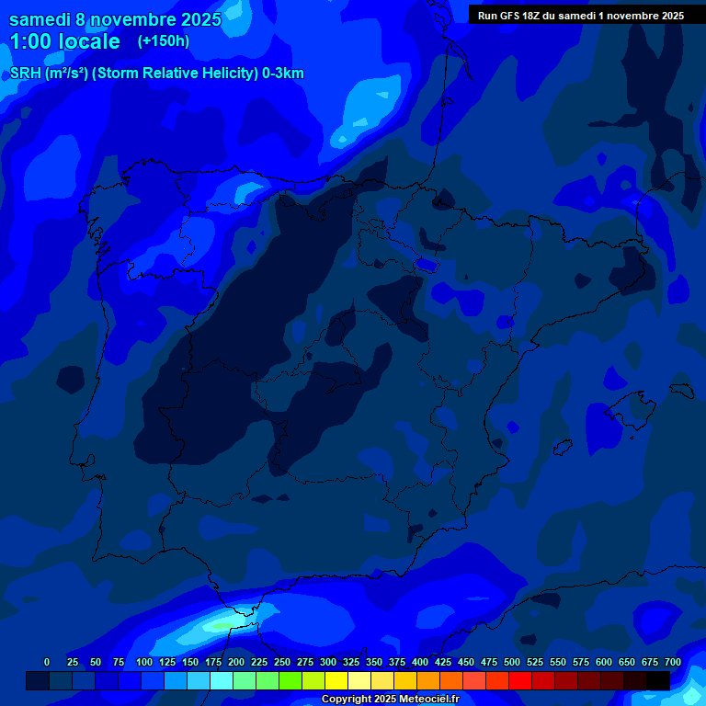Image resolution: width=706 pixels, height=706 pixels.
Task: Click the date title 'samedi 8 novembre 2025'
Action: click(115, 19)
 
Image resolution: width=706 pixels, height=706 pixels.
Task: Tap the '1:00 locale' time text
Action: click(64, 41)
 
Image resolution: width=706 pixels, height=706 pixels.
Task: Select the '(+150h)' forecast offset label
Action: click(164, 41)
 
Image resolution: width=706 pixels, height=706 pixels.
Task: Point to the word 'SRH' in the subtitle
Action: click(27, 74)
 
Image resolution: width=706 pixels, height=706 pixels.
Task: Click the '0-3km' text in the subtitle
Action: click(282, 74)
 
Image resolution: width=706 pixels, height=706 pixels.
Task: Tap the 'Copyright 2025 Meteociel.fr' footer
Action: click(389, 700)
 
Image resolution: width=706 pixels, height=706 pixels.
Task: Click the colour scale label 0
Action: click(47, 662)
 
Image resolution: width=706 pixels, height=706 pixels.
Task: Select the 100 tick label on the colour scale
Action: click(144, 662)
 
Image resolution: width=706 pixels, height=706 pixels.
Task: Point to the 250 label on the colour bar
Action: click(282, 662)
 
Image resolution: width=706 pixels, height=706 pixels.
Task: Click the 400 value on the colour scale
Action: click(420, 662)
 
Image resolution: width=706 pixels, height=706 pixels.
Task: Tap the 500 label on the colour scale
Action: click(512, 662)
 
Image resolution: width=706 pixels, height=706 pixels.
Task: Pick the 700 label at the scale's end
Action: click(673, 662)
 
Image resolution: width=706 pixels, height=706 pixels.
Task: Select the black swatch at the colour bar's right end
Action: click(658, 680)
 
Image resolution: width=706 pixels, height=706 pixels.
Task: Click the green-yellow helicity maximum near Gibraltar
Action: click(219, 626)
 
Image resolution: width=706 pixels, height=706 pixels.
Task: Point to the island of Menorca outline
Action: click(681, 390)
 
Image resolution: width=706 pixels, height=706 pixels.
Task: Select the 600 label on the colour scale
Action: click(604, 662)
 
